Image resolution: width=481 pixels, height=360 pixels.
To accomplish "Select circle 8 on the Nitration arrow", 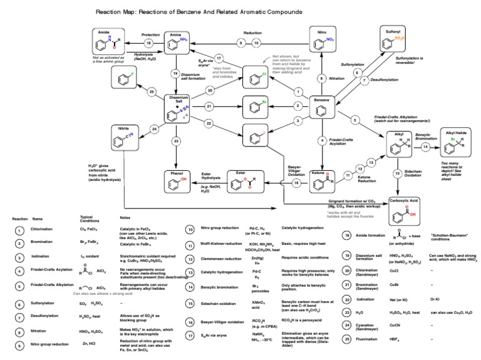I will (323, 78).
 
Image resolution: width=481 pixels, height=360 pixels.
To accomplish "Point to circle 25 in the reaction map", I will (152, 93).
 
